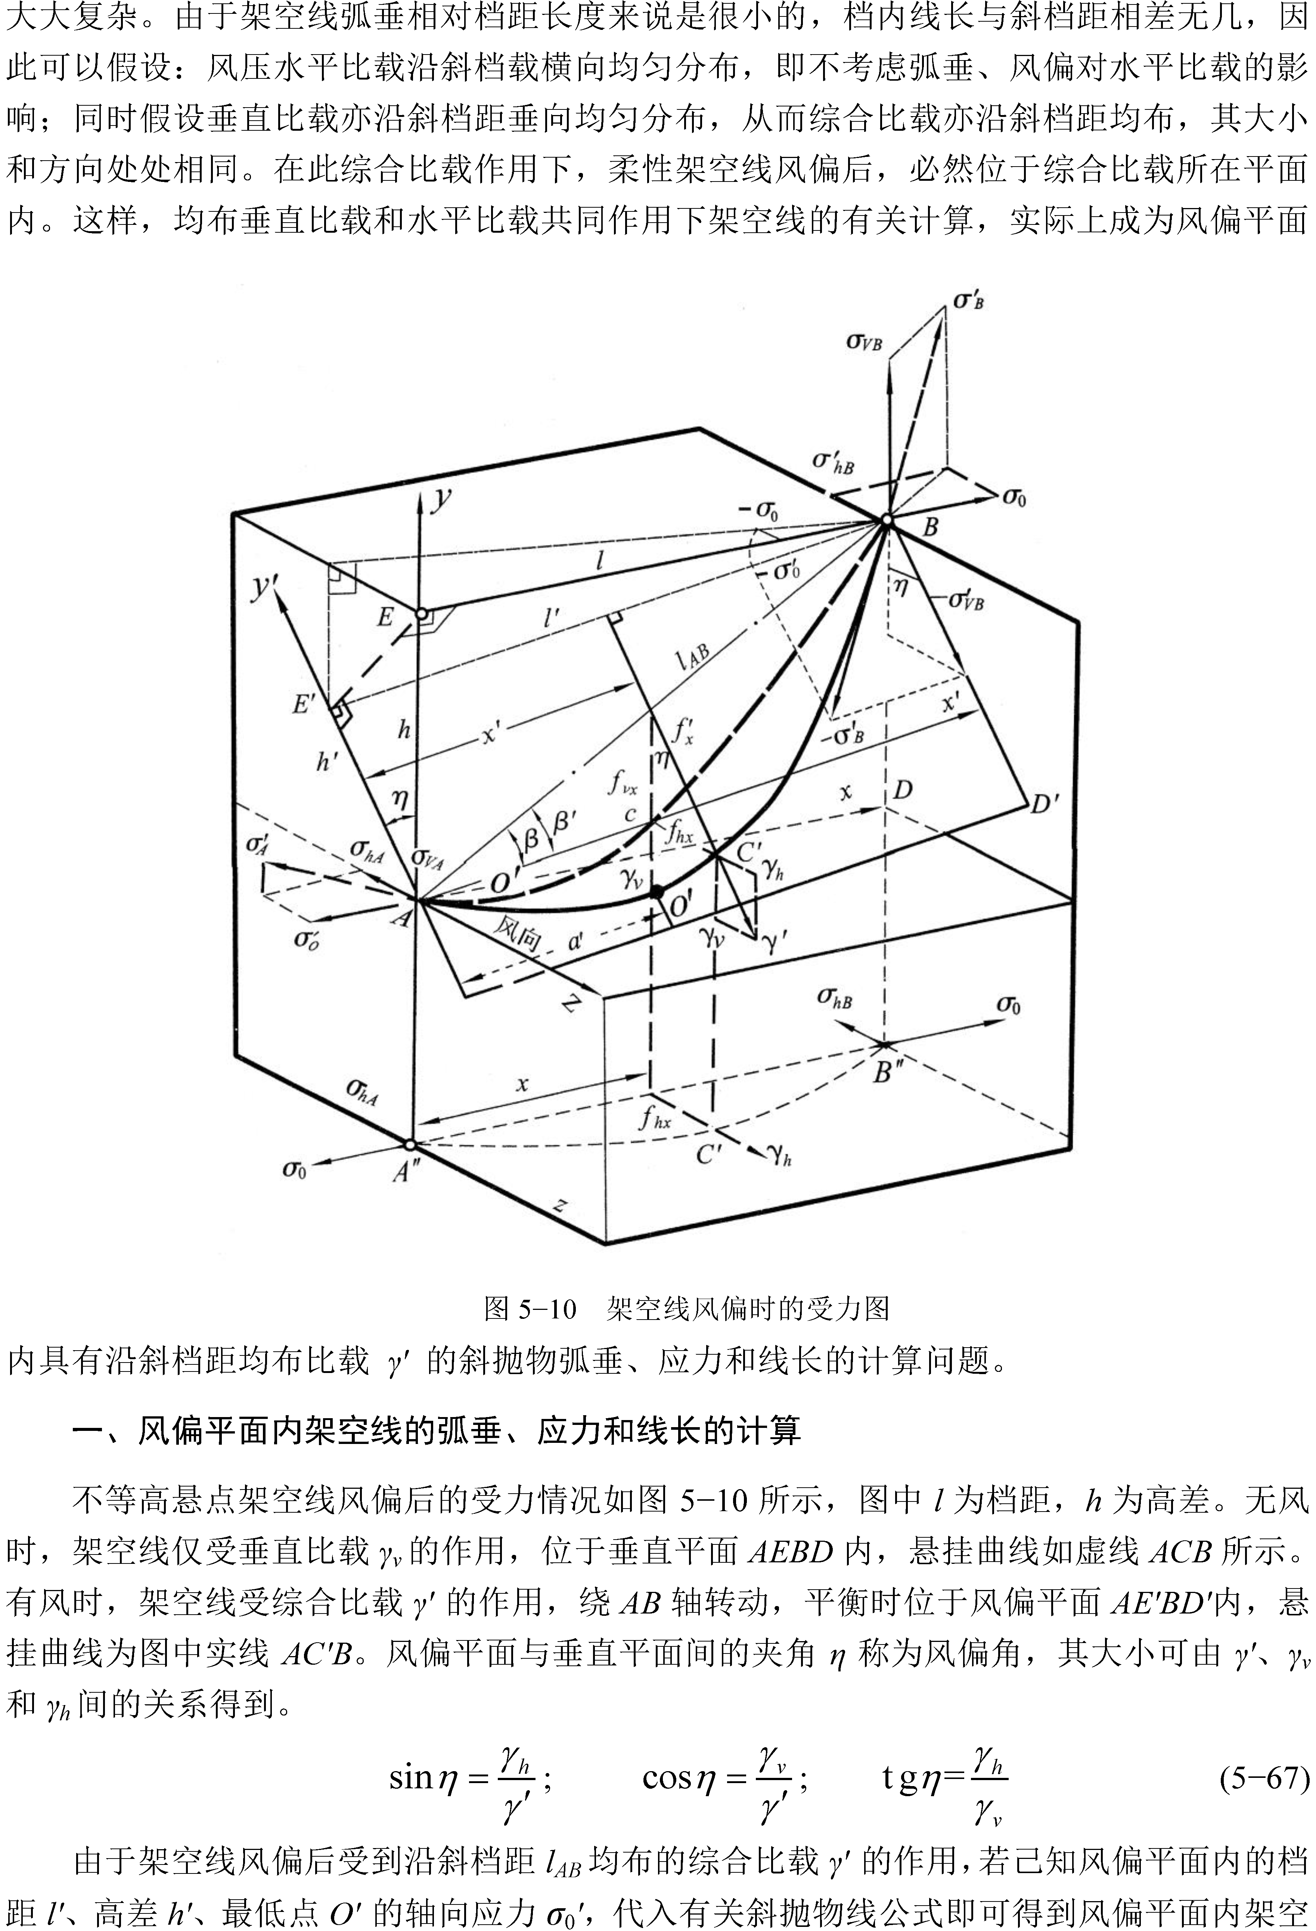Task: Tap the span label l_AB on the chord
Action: pyautogui.click(x=692, y=656)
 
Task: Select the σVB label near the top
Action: pyautogui.click(x=864, y=341)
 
